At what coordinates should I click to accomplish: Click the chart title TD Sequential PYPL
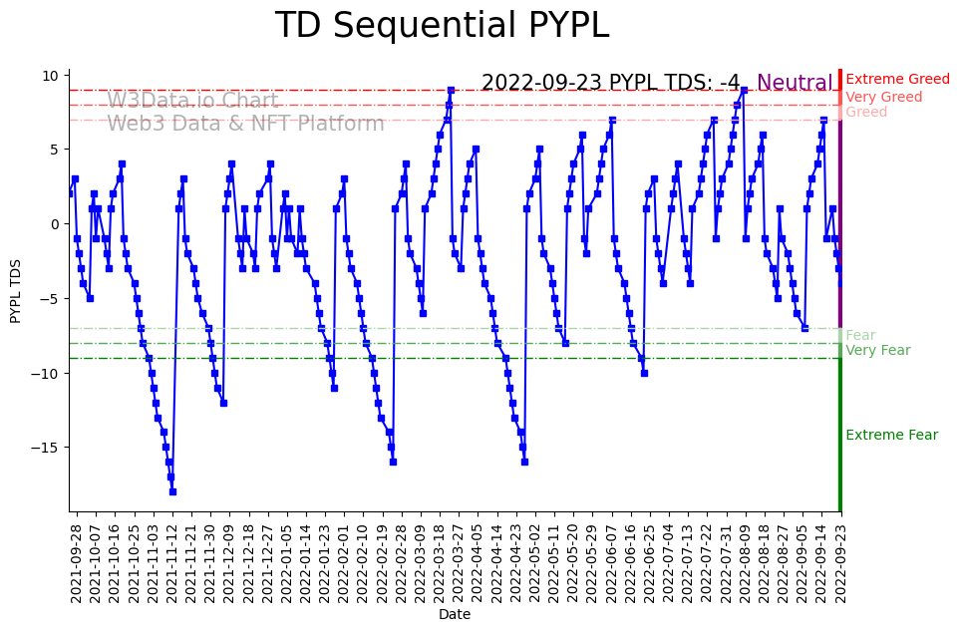point(442,26)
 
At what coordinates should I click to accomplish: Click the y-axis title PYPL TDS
point(16,289)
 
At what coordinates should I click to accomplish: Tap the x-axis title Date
point(454,615)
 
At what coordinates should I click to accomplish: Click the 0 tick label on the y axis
point(56,224)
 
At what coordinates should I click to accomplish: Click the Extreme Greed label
point(897,80)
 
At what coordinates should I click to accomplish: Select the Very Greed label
point(883,98)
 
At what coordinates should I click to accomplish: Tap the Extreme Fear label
point(891,436)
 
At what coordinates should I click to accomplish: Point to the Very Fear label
point(877,351)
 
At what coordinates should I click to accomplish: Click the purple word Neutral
point(795,84)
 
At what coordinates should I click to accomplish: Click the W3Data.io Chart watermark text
point(192,101)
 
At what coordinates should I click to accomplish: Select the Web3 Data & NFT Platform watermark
point(245,124)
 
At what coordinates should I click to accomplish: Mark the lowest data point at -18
point(172,491)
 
